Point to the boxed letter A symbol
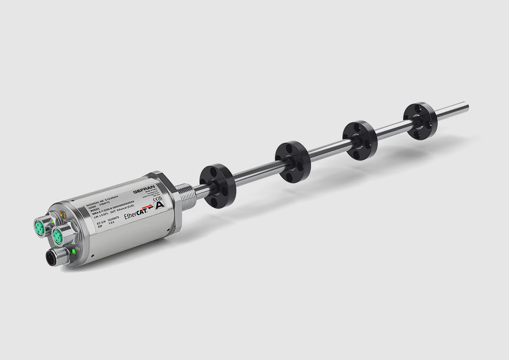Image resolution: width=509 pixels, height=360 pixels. pyautogui.click(x=160, y=205)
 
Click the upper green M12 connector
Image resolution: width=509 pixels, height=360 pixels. pyautogui.click(x=40, y=225)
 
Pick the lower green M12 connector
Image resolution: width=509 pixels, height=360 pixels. pyautogui.click(x=58, y=236)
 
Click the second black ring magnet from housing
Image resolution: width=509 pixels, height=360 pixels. pyautogui.click(x=292, y=162)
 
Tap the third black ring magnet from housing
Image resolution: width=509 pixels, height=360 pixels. pyautogui.click(x=359, y=140)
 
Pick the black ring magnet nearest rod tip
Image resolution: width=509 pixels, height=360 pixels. pyautogui.click(x=420, y=121)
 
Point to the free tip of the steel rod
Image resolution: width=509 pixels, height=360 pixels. pyautogui.click(x=466, y=106)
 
